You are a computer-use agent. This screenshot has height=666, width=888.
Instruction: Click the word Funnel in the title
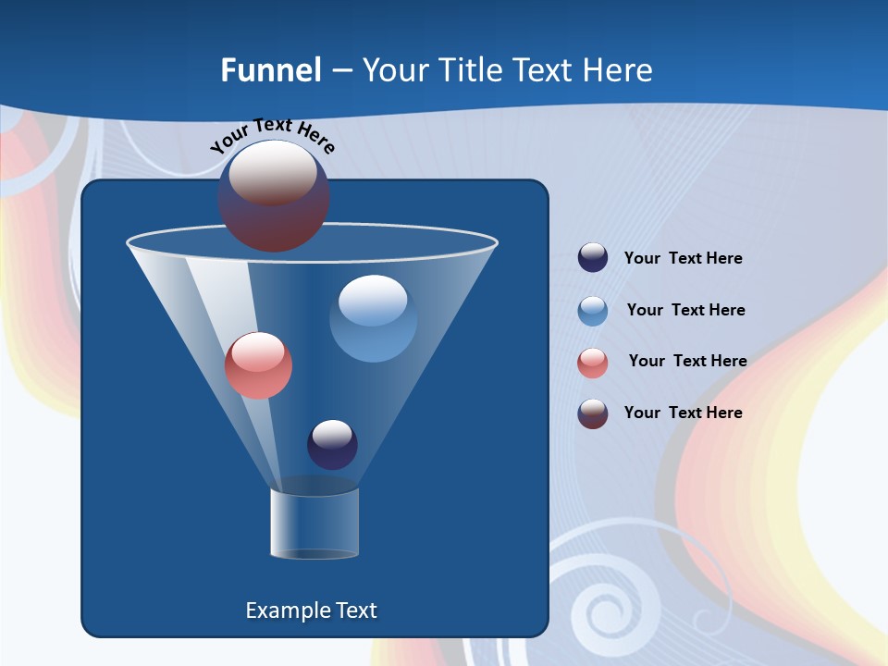coord(270,70)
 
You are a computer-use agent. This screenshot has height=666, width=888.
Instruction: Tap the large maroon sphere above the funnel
coord(274,196)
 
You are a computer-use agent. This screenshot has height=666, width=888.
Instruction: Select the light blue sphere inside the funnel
coord(373,318)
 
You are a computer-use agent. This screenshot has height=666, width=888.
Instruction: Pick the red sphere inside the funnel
coord(258,365)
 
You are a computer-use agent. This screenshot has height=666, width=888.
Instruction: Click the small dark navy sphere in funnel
coord(332,444)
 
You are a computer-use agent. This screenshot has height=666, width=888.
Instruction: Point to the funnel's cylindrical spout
coord(314,523)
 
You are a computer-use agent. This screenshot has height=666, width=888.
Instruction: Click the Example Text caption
coord(311,610)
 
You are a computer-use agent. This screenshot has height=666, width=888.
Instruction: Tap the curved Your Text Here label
coord(273,135)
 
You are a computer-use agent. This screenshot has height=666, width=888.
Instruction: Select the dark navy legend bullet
coord(593,258)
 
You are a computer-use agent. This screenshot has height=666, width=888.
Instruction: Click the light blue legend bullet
coord(593,311)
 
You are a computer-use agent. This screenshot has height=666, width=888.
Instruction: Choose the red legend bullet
coord(593,363)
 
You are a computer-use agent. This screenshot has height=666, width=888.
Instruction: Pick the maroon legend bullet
coord(593,413)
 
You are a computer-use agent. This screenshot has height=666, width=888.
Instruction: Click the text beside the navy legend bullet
coord(683,259)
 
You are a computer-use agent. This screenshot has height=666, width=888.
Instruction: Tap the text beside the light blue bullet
coord(685,311)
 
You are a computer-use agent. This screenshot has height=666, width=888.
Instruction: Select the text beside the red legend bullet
coord(687,362)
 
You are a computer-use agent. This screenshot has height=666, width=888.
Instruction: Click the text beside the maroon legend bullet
coord(683,413)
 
